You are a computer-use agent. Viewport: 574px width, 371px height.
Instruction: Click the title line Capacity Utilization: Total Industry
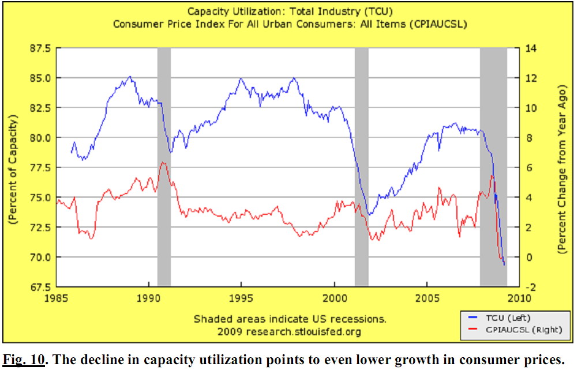286,12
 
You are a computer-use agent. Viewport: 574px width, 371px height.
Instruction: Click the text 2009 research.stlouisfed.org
289,332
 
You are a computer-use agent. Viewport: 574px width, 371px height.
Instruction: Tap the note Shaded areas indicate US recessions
290,319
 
